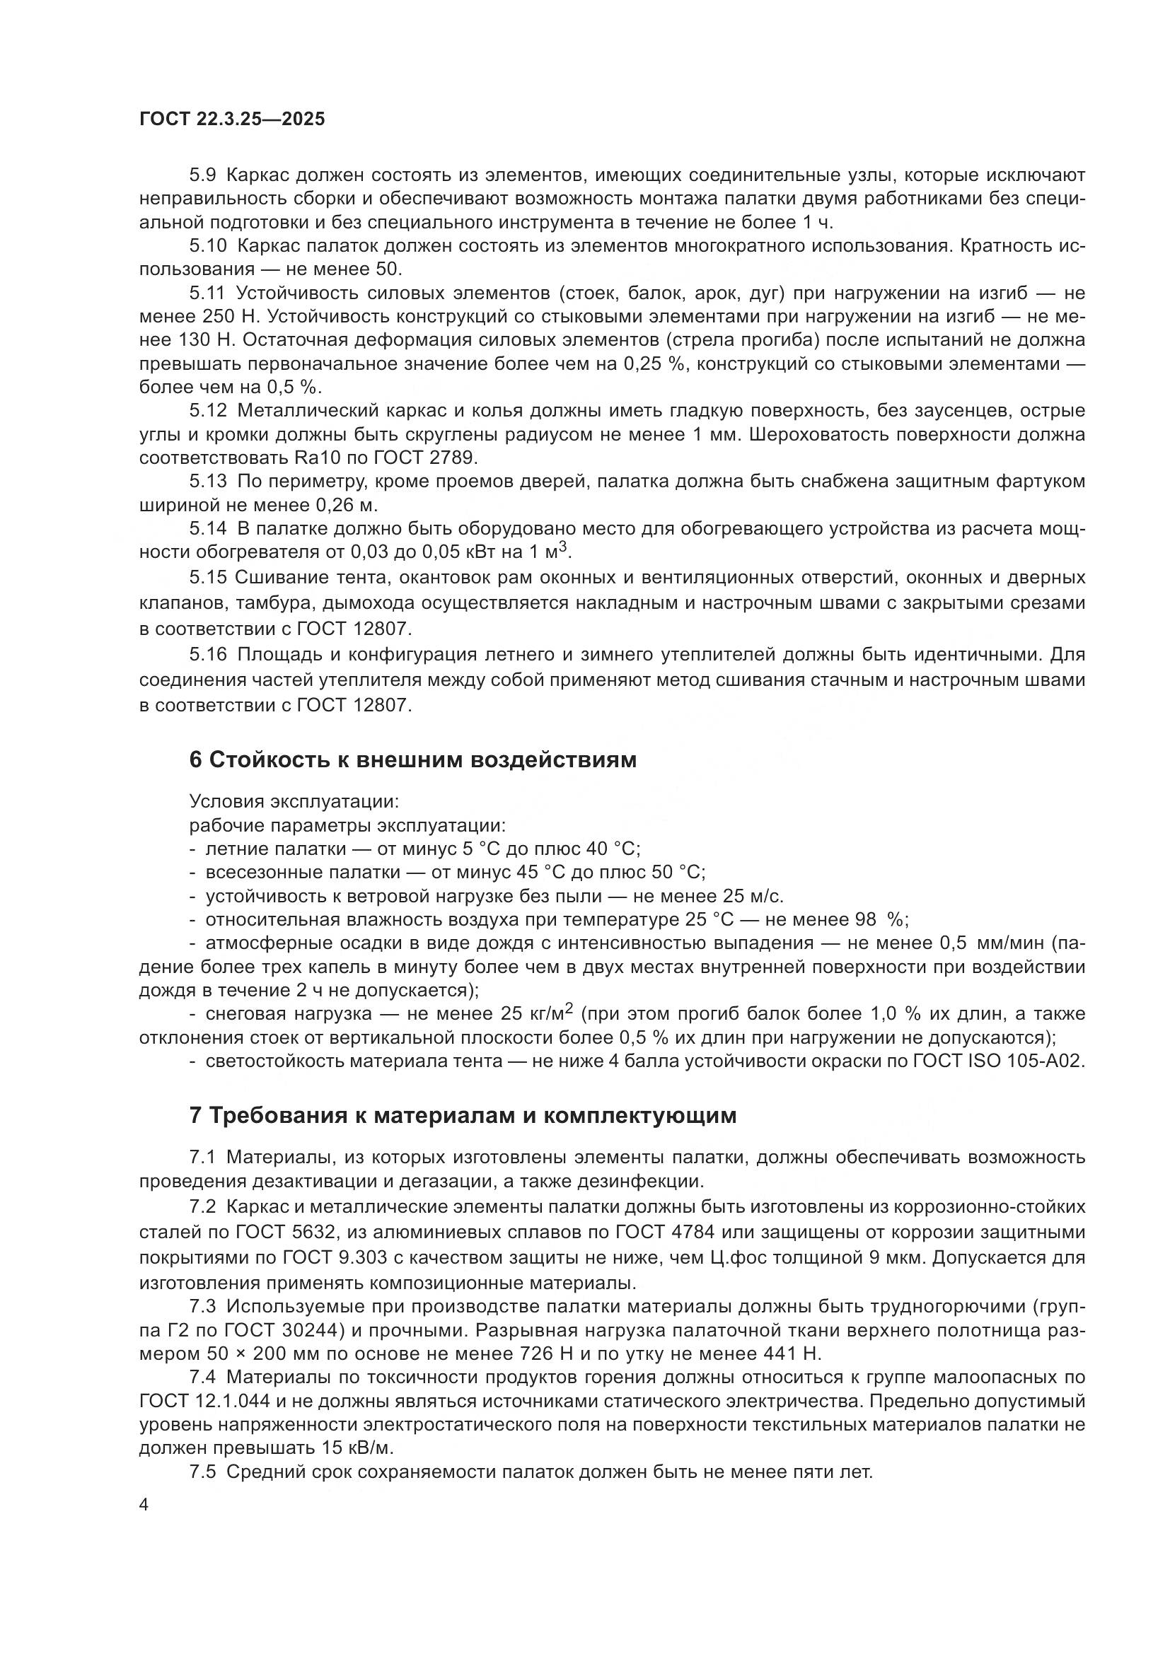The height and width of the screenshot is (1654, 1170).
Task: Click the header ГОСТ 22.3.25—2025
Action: click(232, 120)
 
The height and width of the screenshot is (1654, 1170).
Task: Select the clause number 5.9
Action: click(202, 175)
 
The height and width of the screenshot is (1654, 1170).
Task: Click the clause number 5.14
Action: click(207, 529)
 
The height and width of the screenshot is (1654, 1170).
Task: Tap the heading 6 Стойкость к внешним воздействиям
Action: click(413, 760)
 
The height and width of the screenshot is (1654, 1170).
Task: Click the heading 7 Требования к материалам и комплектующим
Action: click(463, 1116)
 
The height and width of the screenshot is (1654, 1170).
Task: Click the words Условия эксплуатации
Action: click(294, 801)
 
